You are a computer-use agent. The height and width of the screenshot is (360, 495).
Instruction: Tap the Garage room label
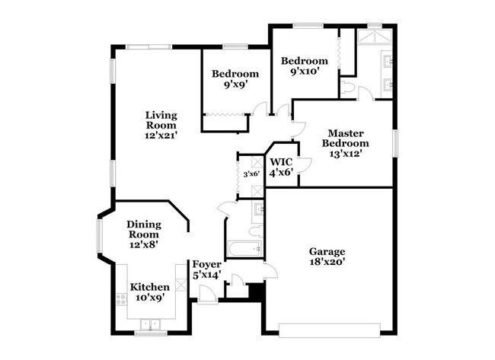pyautogui.click(x=327, y=252)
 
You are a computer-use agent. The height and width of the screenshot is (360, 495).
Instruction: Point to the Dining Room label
pyautogui.click(x=144, y=229)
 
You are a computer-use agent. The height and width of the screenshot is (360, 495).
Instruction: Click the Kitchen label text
pyautogui.click(x=149, y=287)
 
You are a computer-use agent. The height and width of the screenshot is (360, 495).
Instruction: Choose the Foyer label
pyautogui.click(x=206, y=264)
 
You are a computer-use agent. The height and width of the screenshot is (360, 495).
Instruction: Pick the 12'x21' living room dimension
pyautogui.click(x=161, y=135)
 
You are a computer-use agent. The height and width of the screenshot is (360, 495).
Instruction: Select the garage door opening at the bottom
pyautogui.click(x=329, y=329)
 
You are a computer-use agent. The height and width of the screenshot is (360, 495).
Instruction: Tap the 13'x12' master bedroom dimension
pyautogui.click(x=345, y=153)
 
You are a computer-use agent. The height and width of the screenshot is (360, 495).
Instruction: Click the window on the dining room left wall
pyautogui.click(x=99, y=235)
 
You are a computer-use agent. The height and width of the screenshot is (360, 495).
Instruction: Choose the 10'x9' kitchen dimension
pyautogui.click(x=149, y=298)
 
